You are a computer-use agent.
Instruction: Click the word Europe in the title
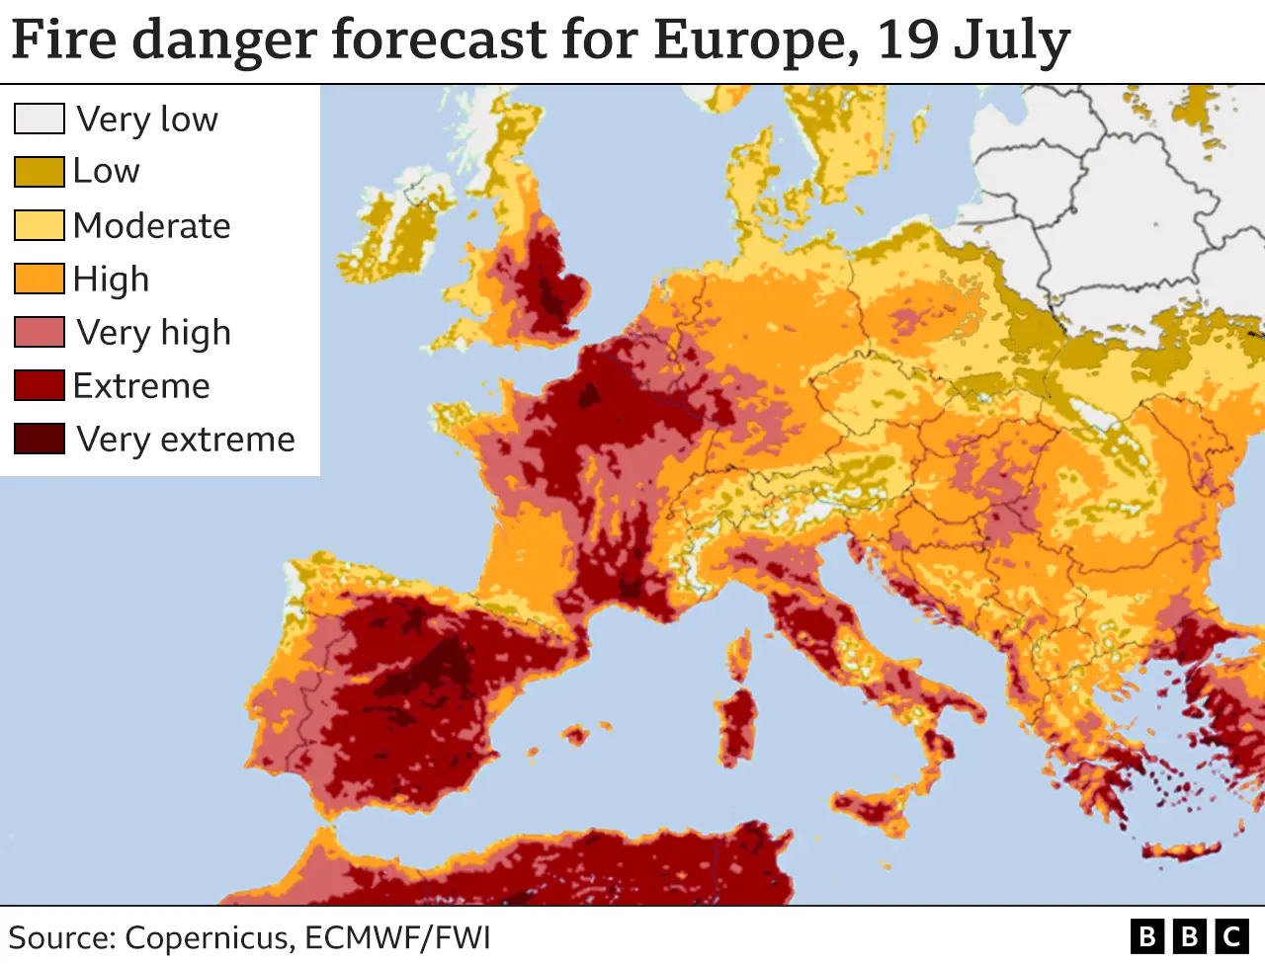[x=755, y=40]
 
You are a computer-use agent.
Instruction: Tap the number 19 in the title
[x=907, y=40]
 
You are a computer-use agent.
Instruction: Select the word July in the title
[x=1013, y=41]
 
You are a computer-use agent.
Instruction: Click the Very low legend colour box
[x=40, y=119]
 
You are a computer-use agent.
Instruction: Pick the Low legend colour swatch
[x=40, y=171]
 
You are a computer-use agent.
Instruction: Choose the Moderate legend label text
[x=151, y=226]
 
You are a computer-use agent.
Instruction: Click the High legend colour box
[x=40, y=279]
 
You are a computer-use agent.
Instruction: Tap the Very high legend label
[x=153, y=333]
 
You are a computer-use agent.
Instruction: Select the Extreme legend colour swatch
[x=40, y=385]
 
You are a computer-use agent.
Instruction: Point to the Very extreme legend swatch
[x=40, y=439]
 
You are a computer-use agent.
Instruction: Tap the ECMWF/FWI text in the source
[x=397, y=937]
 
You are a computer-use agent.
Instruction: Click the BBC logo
[x=1189, y=935]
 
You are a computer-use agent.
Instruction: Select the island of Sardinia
[x=735, y=725]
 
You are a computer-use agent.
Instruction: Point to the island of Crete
[x=1181, y=851]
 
